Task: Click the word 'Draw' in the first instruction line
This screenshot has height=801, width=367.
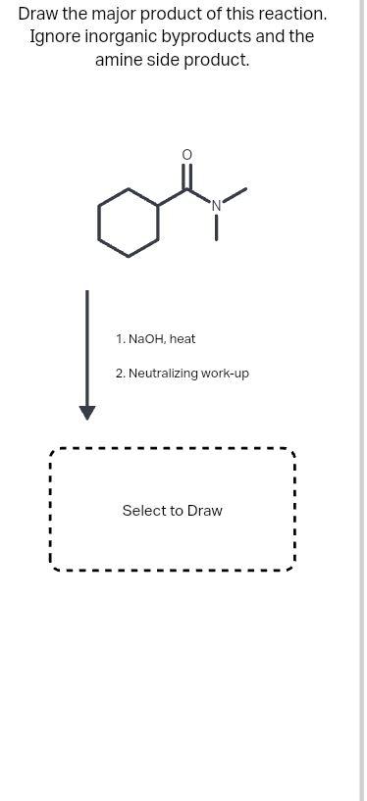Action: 39,15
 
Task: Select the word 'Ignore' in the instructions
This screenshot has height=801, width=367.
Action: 56,37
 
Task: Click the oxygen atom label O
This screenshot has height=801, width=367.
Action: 187,155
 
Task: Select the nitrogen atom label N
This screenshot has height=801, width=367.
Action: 217,205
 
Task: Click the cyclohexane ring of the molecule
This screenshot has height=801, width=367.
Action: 129,223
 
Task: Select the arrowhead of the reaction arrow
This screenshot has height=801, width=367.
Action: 87,412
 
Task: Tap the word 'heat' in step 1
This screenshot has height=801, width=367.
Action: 183,339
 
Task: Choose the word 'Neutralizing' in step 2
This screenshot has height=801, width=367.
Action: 163,374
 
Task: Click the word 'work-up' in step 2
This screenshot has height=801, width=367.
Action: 226,374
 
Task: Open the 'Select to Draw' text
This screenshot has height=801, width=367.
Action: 172,511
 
